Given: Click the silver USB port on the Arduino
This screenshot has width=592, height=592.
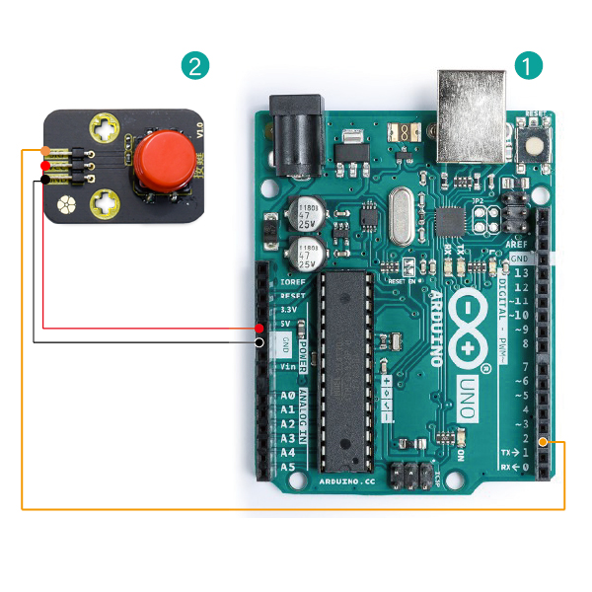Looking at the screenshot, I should (471, 113).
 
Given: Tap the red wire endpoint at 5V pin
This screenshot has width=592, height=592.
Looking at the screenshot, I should (259, 327).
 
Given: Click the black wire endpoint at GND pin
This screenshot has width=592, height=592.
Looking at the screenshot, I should (259, 342).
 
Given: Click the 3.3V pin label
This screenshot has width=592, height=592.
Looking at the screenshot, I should (288, 309).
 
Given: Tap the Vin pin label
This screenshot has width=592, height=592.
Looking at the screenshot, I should (287, 366).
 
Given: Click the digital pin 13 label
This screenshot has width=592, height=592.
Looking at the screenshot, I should (520, 273).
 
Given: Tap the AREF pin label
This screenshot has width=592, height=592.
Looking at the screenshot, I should (517, 243).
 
